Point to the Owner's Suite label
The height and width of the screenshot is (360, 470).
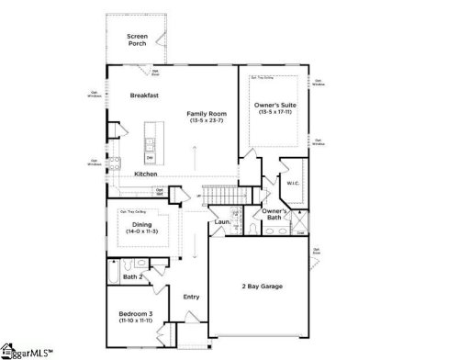[274, 106]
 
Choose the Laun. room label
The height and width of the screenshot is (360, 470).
[221, 221]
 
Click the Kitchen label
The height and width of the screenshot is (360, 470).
[146, 174]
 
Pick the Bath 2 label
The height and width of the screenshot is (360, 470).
[132, 276]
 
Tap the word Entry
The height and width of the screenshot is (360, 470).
[191, 296]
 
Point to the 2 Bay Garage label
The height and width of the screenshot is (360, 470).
[262, 287]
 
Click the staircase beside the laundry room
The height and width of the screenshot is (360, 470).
[219, 196]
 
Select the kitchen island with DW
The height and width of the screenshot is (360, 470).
[149, 150]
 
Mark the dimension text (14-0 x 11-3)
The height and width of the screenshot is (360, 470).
[140, 231]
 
